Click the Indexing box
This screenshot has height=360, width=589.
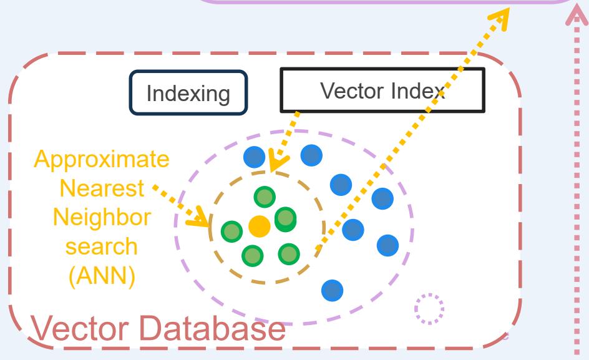[188, 95]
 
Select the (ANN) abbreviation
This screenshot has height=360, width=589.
[102, 275]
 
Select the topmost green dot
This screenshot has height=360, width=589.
[265, 197]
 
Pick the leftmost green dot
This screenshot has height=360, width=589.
[231, 231]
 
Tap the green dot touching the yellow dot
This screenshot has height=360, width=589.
[285, 218]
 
